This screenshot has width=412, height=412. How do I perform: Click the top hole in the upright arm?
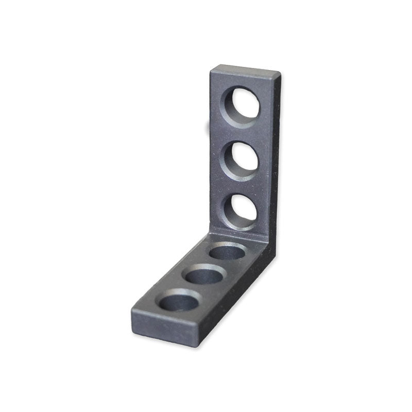pyautogui.click(x=241, y=106)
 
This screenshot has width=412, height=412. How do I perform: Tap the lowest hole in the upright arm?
pyautogui.click(x=240, y=210)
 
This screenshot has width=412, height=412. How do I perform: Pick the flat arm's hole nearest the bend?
pyautogui.click(x=227, y=252)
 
